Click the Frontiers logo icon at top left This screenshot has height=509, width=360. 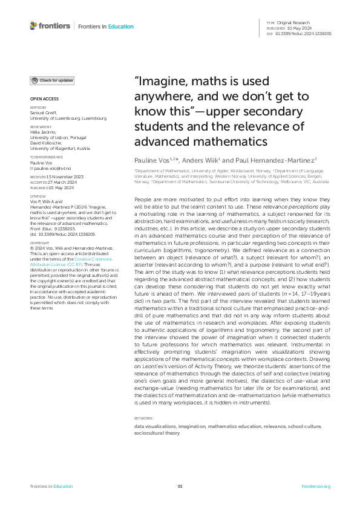pos(34,26)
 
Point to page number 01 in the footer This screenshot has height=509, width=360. pos(180,487)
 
